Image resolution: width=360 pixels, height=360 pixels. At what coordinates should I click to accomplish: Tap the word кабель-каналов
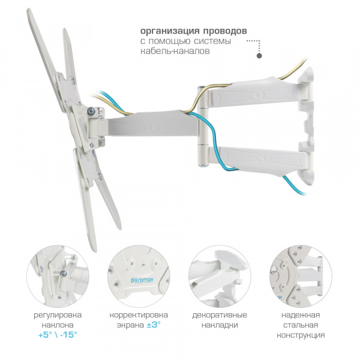tap(175, 51)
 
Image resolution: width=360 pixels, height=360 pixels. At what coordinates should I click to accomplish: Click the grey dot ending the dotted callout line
tap(259, 56)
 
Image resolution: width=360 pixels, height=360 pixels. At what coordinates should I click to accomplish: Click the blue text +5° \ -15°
tap(58, 335)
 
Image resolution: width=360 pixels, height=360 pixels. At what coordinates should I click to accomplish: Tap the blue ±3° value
tap(153, 325)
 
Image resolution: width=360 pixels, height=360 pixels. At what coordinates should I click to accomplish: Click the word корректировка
tap(139, 315)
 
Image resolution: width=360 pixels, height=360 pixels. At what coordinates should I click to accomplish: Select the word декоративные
tap(220, 315)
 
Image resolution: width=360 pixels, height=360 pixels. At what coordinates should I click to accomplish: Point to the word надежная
tap(301, 315)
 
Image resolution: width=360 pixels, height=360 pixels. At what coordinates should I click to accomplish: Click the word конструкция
tap(301, 335)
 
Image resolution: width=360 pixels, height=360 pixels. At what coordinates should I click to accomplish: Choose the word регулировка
tap(58, 315)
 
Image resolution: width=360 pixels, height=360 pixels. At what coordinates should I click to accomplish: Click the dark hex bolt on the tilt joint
tap(91, 111)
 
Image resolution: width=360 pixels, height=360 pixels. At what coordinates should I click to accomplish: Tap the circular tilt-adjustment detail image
tap(58, 276)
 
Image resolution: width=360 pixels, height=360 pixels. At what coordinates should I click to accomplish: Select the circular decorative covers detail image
tap(220, 276)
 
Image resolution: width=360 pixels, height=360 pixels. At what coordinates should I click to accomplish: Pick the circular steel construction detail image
tap(301, 276)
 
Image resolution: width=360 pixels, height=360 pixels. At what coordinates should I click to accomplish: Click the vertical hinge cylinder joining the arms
tap(203, 126)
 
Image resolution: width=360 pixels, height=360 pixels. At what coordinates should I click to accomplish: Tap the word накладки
tap(220, 325)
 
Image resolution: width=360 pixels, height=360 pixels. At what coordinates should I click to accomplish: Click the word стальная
tap(301, 325)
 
